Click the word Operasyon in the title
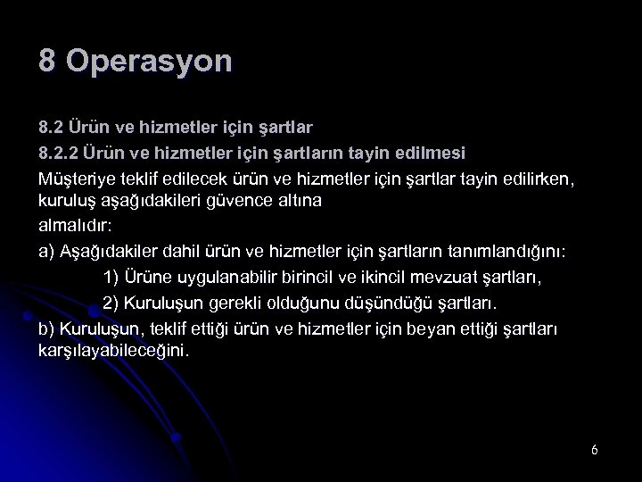[x=149, y=62]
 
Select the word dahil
[x=207, y=252]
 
